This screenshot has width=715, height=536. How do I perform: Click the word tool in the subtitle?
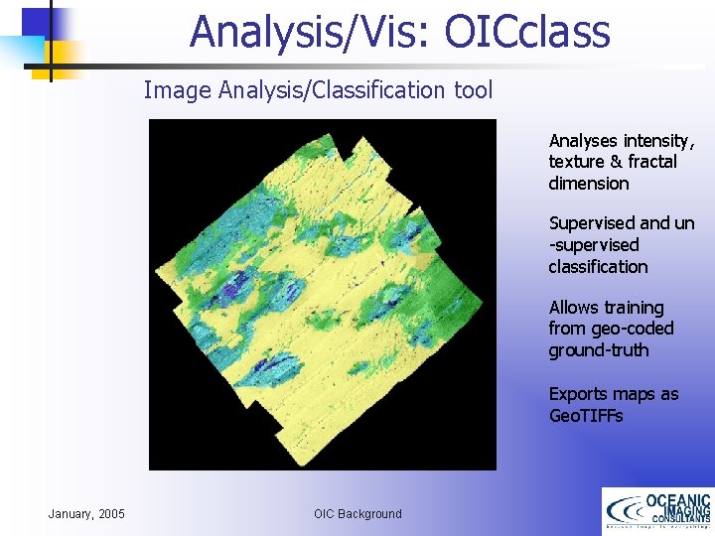coord(474,90)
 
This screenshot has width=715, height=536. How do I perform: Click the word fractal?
coord(652,162)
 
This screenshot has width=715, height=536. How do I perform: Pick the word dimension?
coord(589,184)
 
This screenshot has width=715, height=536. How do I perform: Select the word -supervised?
coord(594,245)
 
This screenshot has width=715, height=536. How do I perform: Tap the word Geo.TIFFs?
coord(586,416)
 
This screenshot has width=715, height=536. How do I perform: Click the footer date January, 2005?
coord(86,513)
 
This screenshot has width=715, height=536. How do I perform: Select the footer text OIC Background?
coord(357,513)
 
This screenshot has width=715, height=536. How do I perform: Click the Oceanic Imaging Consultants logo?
coord(657,511)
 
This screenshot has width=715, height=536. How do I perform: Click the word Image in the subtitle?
coord(174,90)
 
